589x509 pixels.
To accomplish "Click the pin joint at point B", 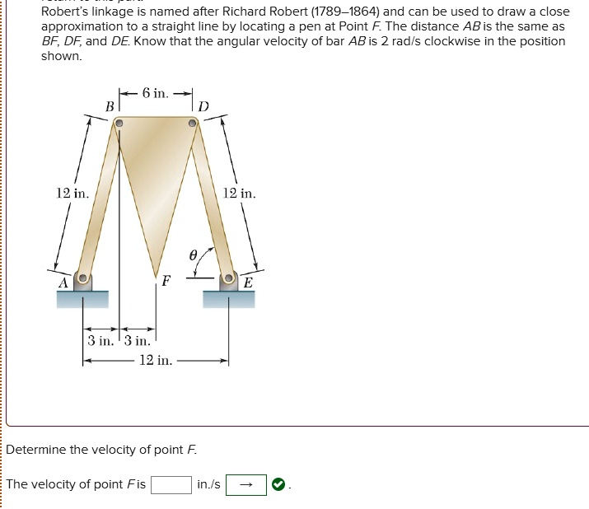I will click(119, 124).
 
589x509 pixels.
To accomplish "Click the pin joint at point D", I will click(192, 124).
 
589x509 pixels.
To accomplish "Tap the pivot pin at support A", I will click(82, 278).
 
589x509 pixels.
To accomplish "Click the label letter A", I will click(62, 282).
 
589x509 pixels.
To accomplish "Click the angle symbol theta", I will click(193, 256).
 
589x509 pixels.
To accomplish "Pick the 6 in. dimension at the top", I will click(156, 93).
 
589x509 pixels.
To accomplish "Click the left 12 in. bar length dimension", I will click(72, 194).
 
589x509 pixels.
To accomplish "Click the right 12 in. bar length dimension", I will click(240, 194).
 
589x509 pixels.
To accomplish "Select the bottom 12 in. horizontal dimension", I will click(156, 361).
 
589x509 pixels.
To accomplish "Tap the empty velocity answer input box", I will click(171, 484).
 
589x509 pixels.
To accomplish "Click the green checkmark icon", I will click(279, 484).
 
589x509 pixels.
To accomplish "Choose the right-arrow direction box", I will click(246, 484).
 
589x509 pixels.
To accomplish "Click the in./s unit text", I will click(209, 484).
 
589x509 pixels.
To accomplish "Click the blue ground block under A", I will click(82, 298).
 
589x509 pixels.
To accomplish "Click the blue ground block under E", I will click(229, 298).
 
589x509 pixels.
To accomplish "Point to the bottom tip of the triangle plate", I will click(155, 276).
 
